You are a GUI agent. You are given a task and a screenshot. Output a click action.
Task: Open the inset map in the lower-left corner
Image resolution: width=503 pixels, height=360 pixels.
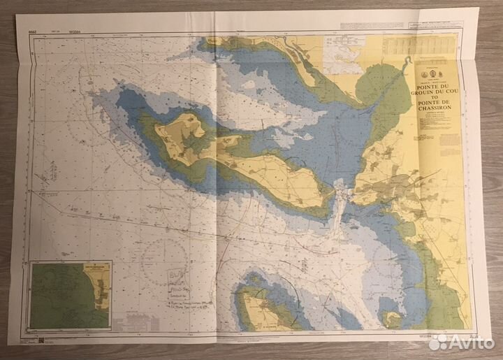click(x=70, y=294)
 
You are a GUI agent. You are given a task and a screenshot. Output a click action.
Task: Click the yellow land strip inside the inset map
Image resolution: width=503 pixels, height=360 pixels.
click(x=102, y=290)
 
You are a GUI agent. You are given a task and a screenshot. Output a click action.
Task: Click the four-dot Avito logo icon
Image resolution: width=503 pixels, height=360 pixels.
click(x=438, y=342)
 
